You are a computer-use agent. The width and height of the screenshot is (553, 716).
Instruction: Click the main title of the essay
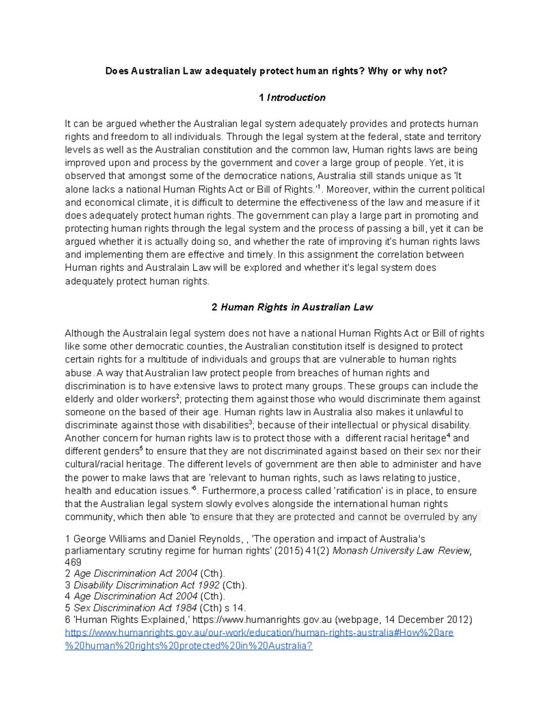[276, 71]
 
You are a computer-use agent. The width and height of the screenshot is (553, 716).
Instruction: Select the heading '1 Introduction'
[292, 97]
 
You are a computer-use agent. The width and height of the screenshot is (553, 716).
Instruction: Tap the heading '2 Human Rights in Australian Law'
[292, 307]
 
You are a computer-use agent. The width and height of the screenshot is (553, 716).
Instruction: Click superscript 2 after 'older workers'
[178, 396]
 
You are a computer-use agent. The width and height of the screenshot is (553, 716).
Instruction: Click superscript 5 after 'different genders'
[141, 449]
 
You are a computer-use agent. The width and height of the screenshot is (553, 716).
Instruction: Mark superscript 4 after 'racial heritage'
[448, 436]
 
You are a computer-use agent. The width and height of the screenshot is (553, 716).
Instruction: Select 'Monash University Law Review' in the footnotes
[402, 550]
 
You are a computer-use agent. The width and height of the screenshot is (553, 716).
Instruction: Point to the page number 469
[73, 562]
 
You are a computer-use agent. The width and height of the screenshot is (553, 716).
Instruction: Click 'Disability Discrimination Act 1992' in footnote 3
[147, 585]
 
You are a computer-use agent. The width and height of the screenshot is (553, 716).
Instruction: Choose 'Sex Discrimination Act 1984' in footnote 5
[135, 608]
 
